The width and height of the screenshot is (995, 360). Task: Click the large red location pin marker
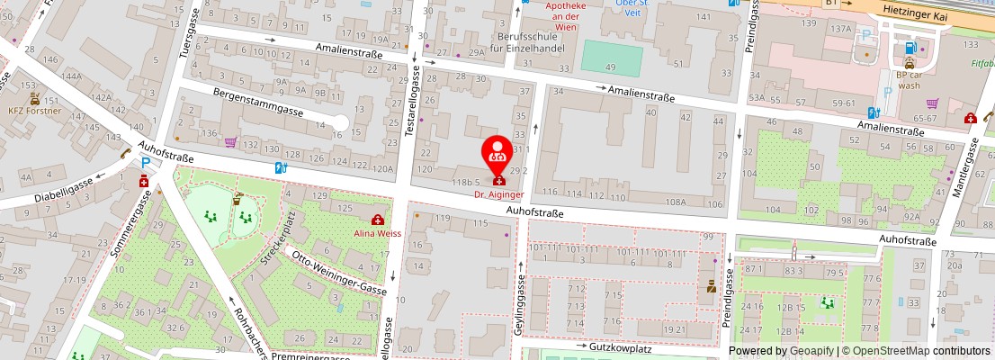tap(497, 154)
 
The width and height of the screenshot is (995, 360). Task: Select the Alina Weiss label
tap(376, 231)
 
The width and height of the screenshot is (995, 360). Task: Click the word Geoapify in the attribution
tap(811, 351)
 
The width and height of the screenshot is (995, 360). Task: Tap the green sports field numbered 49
tap(611, 58)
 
